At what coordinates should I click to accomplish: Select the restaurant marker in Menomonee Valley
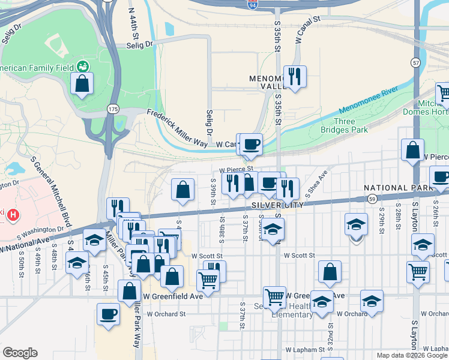[x=295, y=76]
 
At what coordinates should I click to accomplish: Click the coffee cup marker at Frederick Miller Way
[x=252, y=143]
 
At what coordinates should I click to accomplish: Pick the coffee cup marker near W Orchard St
[x=109, y=314]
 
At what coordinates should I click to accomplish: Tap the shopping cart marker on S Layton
[x=418, y=271]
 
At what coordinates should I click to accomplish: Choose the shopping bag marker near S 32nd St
[x=330, y=271]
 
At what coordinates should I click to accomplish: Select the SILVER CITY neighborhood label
[x=274, y=205]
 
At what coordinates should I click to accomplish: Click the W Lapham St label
[x=305, y=349]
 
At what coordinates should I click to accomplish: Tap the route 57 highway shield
[x=415, y=62]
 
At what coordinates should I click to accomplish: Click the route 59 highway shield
[x=373, y=198]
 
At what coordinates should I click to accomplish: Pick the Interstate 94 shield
[x=253, y=5]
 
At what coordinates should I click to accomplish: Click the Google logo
[x=20, y=353]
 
